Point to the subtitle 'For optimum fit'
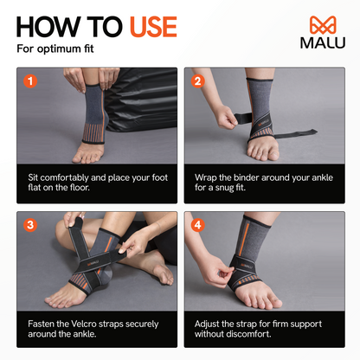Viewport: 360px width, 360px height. click(55, 48)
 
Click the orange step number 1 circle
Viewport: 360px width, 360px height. click(30, 82)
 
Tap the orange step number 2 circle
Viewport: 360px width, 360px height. click(197, 82)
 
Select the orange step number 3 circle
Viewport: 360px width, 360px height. click(30, 226)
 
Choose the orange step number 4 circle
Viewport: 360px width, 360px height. click(197, 226)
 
